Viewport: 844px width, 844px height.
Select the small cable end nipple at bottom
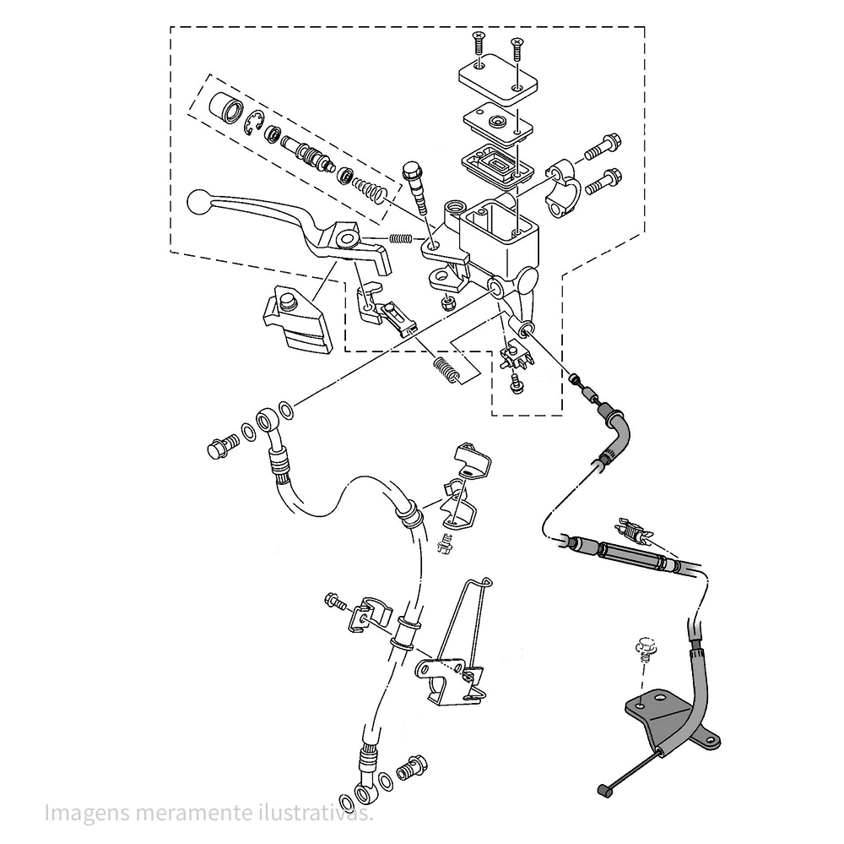coord(603,790)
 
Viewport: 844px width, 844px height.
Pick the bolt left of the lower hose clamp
coord(334,602)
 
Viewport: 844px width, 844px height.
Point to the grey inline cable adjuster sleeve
coord(628,557)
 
